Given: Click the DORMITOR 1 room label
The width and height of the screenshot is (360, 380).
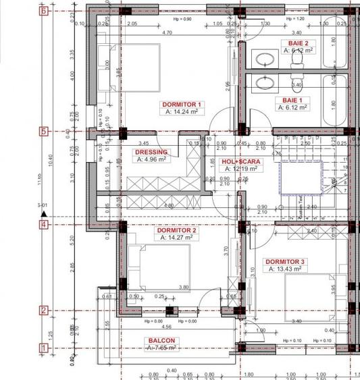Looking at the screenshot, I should point(182,105).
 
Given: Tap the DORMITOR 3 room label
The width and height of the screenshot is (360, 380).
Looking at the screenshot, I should point(284,261).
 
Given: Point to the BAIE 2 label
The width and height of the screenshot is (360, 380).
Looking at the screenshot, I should point(294,43).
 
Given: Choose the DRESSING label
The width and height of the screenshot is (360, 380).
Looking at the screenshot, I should point(151,153).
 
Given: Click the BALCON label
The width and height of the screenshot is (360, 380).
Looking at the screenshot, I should point(161,341).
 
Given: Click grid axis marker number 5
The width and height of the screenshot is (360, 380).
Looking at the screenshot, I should point(44,132).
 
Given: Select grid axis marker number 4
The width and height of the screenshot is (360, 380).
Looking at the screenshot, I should point(44,225).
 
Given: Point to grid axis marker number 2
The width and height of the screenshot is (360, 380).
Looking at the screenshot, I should point(44,310).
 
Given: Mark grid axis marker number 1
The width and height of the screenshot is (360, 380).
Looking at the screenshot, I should point(44,348).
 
